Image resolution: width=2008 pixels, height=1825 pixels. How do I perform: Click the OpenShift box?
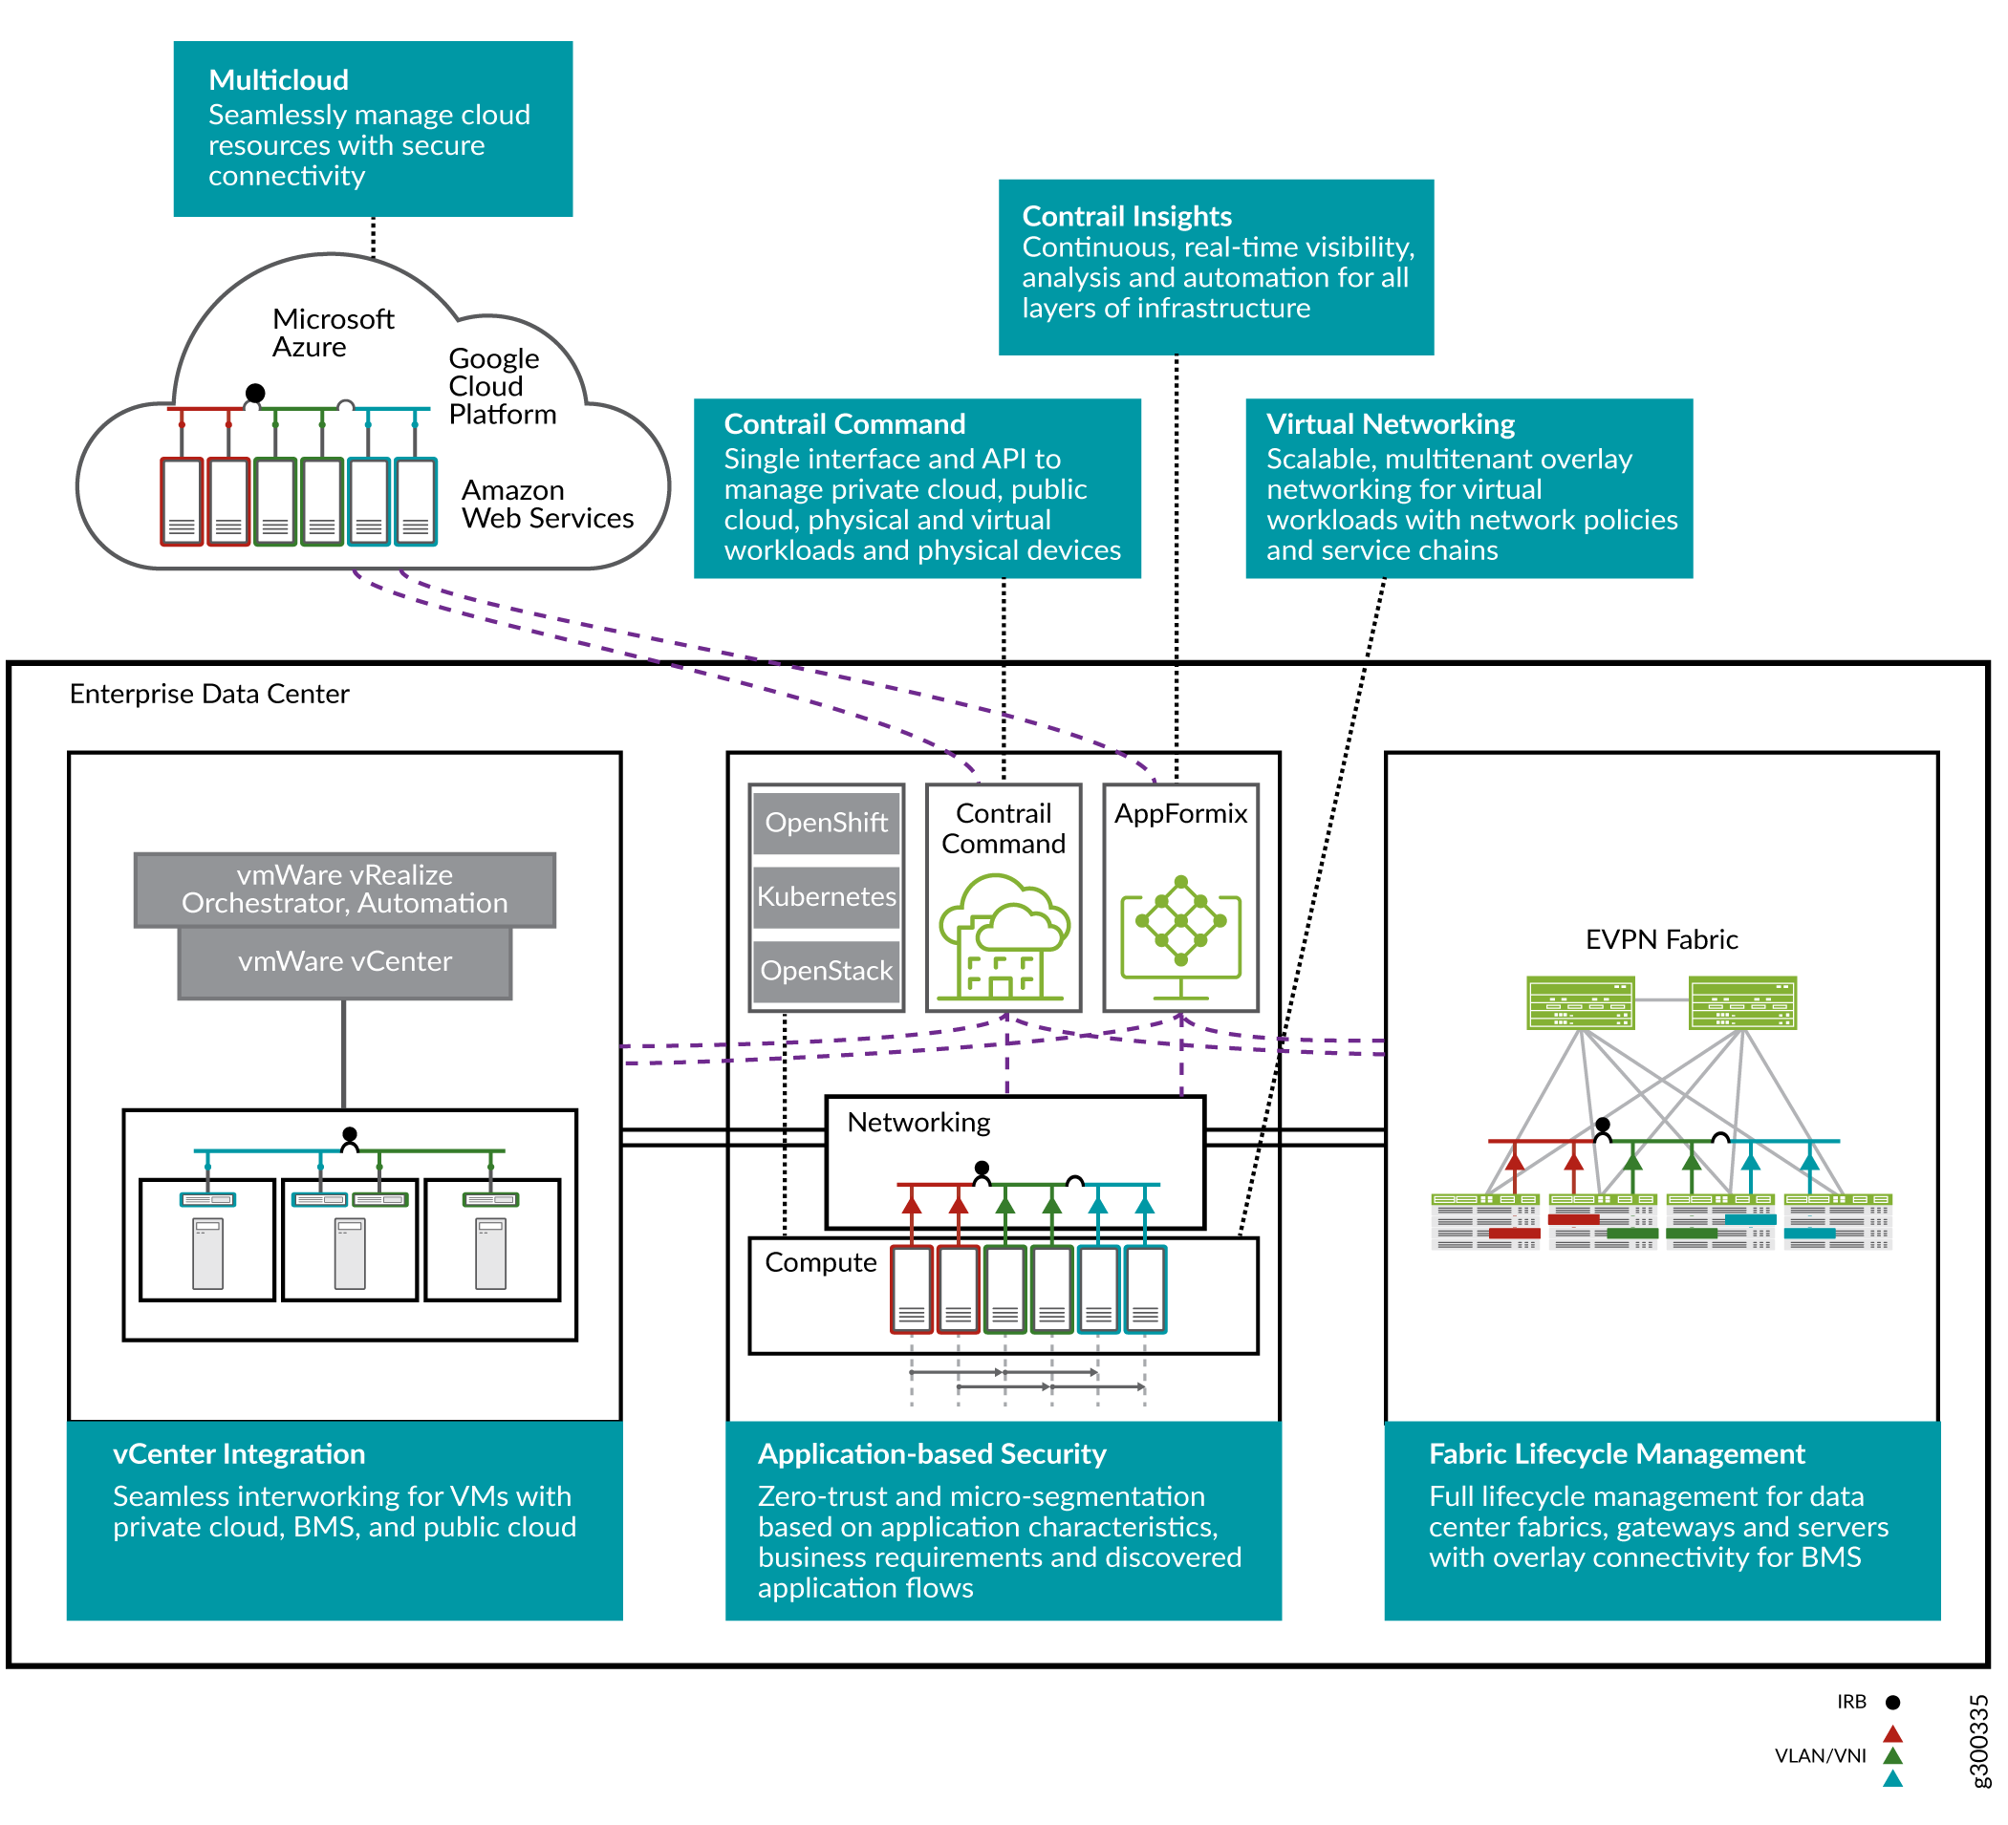click(x=826, y=824)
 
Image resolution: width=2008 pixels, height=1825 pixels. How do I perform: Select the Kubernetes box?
click(x=826, y=897)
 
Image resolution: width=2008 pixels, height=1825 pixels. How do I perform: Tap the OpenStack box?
click(x=826, y=971)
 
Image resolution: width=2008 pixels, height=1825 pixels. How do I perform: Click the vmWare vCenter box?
click(x=345, y=962)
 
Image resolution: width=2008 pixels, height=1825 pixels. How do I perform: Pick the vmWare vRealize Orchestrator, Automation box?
click(x=345, y=890)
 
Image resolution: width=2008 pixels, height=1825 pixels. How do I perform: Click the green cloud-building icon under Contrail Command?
click(x=1004, y=937)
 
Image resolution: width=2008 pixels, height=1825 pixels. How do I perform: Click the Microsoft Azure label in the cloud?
click(x=333, y=333)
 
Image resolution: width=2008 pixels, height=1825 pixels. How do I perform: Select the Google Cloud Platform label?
click(x=502, y=386)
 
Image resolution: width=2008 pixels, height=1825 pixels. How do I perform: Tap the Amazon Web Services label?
click(x=547, y=504)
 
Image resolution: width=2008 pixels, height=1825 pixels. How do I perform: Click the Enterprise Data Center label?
click(x=209, y=694)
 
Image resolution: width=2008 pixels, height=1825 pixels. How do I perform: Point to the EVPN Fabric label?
click(x=1661, y=940)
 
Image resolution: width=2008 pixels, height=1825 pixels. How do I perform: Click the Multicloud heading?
click(x=279, y=79)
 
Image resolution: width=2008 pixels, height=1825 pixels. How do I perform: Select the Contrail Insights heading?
click(x=1127, y=216)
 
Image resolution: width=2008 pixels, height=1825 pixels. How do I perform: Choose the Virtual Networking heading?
click(x=1391, y=424)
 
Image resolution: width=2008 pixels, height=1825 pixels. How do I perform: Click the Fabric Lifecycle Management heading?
click(x=1616, y=1453)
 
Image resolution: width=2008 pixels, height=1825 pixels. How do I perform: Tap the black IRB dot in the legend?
click(x=1893, y=1703)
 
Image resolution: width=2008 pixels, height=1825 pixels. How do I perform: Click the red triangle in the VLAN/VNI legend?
click(x=1893, y=1734)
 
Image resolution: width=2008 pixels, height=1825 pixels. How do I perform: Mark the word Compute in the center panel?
click(x=821, y=1262)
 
